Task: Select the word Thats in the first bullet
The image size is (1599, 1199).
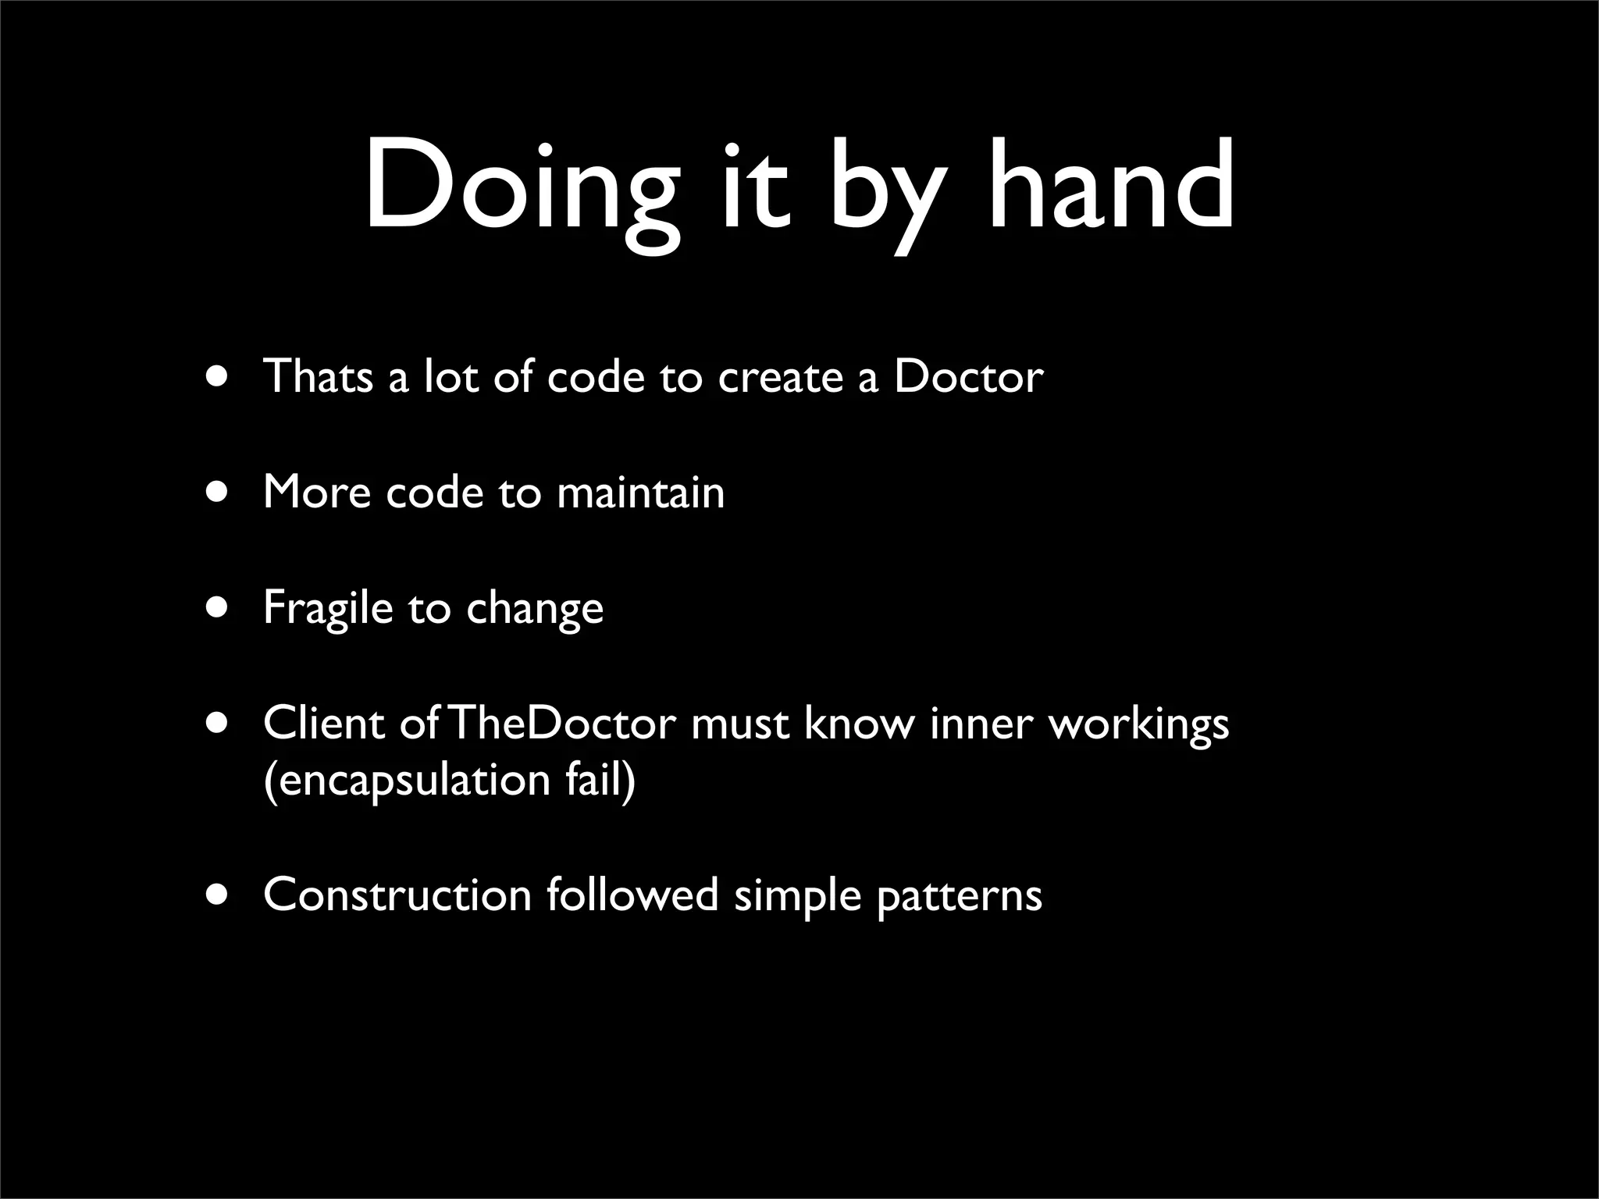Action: (x=319, y=376)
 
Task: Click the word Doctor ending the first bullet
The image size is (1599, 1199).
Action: (x=968, y=376)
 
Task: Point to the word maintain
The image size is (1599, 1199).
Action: (x=640, y=493)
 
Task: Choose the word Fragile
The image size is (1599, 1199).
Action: (x=328, y=607)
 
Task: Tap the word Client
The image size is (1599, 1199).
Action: (x=323, y=723)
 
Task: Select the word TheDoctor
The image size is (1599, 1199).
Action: (x=562, y=723)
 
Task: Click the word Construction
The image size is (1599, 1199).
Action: (x=397, y=895)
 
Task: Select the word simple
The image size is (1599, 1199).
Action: (x=797, y=896)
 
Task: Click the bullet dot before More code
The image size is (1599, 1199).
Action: (x=219, y=493)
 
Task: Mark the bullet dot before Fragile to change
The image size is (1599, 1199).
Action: (x=219, y=607)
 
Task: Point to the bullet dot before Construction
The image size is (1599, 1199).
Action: (x=219, y=895)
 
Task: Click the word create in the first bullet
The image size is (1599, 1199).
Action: (x=780, y=378)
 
